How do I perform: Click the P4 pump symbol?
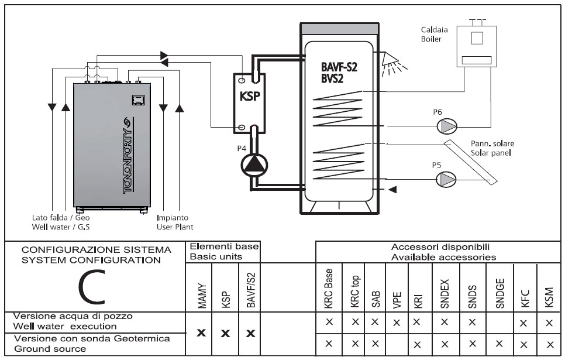254,165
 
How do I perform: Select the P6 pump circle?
447,126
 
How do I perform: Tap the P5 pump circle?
446,179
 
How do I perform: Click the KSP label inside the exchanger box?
250,96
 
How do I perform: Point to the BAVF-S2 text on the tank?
339,67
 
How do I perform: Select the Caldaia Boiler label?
434,35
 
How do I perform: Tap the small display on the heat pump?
138,100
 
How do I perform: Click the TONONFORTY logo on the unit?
128,155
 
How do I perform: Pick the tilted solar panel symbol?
471,162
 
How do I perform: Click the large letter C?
92,287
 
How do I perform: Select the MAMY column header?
202,296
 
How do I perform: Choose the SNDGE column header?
499,293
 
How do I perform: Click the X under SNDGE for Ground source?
499,344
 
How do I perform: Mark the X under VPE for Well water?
397,323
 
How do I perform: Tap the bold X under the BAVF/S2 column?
250,333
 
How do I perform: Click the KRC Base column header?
328,289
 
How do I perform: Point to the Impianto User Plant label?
175,222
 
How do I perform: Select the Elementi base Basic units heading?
224,252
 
